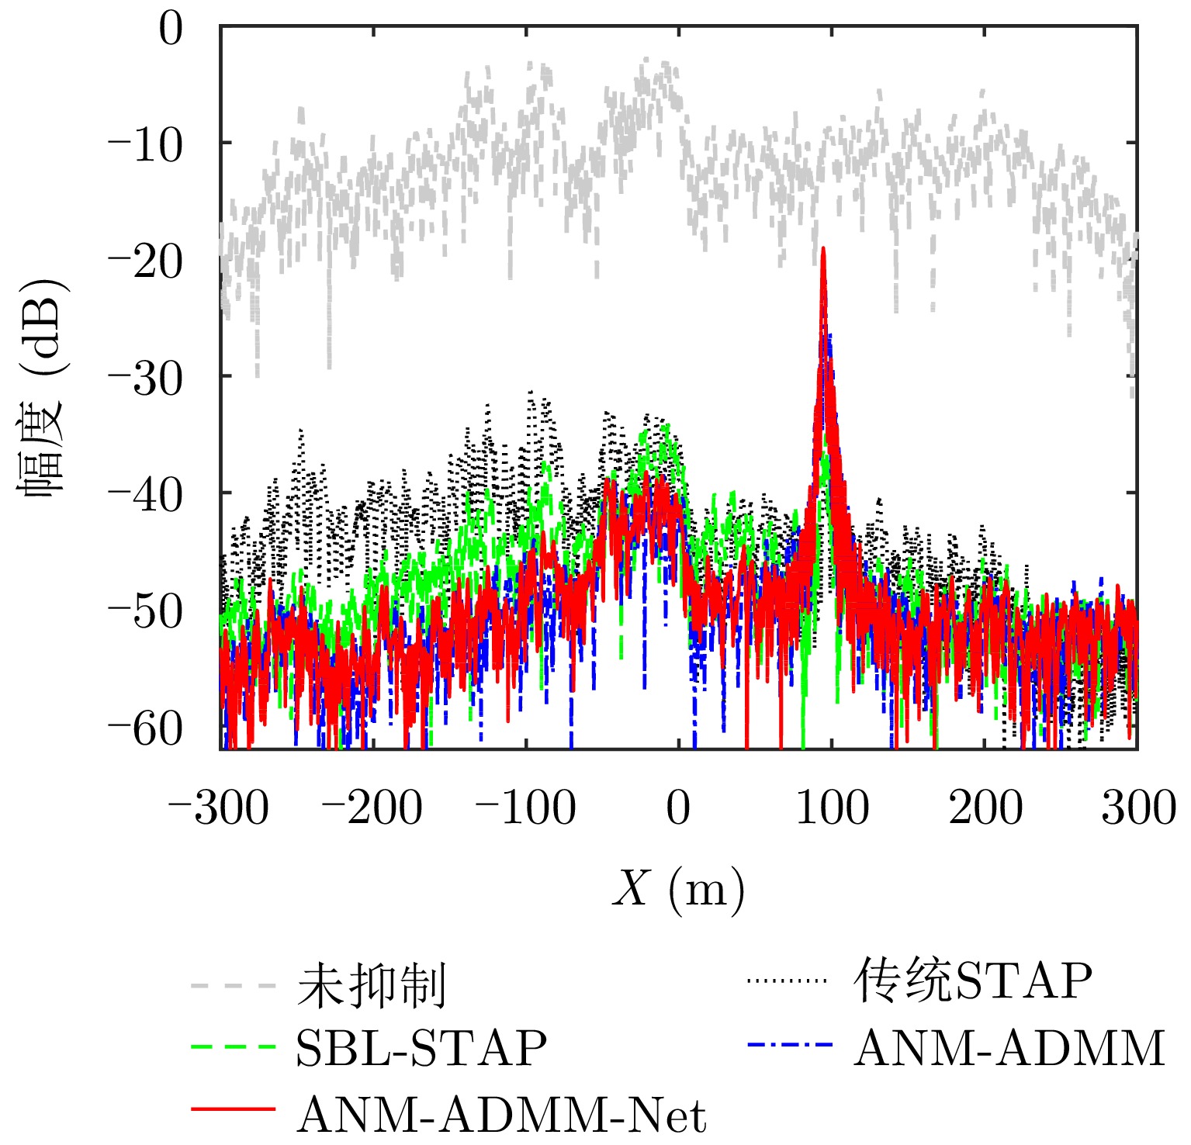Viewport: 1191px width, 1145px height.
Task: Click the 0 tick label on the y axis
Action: tap(171, 31)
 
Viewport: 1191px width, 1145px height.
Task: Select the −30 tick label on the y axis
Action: tap(145, 379)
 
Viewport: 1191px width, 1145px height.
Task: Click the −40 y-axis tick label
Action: tap(145, 495)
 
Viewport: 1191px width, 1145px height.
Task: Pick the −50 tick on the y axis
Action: tap(145, 611)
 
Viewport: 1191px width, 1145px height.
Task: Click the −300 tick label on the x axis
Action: tap(218, 808)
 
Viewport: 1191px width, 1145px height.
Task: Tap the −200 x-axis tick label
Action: tap(372, 808)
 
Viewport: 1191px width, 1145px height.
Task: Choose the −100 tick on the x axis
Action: tap(525, 808)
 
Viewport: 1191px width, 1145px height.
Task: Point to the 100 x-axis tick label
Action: tap(832, 808)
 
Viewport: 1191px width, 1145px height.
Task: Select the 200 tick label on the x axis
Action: tap(985, 808)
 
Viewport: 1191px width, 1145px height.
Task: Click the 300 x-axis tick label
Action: tap(1138, 808)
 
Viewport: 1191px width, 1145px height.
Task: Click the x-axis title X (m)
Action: tap(678, 889)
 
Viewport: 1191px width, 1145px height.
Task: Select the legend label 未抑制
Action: tap(371, 987)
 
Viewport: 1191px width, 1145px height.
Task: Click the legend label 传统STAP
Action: tap(973, 982)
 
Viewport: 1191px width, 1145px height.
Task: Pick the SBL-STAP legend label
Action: tap(421, 1049)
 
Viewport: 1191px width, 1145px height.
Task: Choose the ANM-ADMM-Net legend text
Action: tap(501, 1116)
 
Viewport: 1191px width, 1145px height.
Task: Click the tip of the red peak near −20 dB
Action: tap(823, 248)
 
